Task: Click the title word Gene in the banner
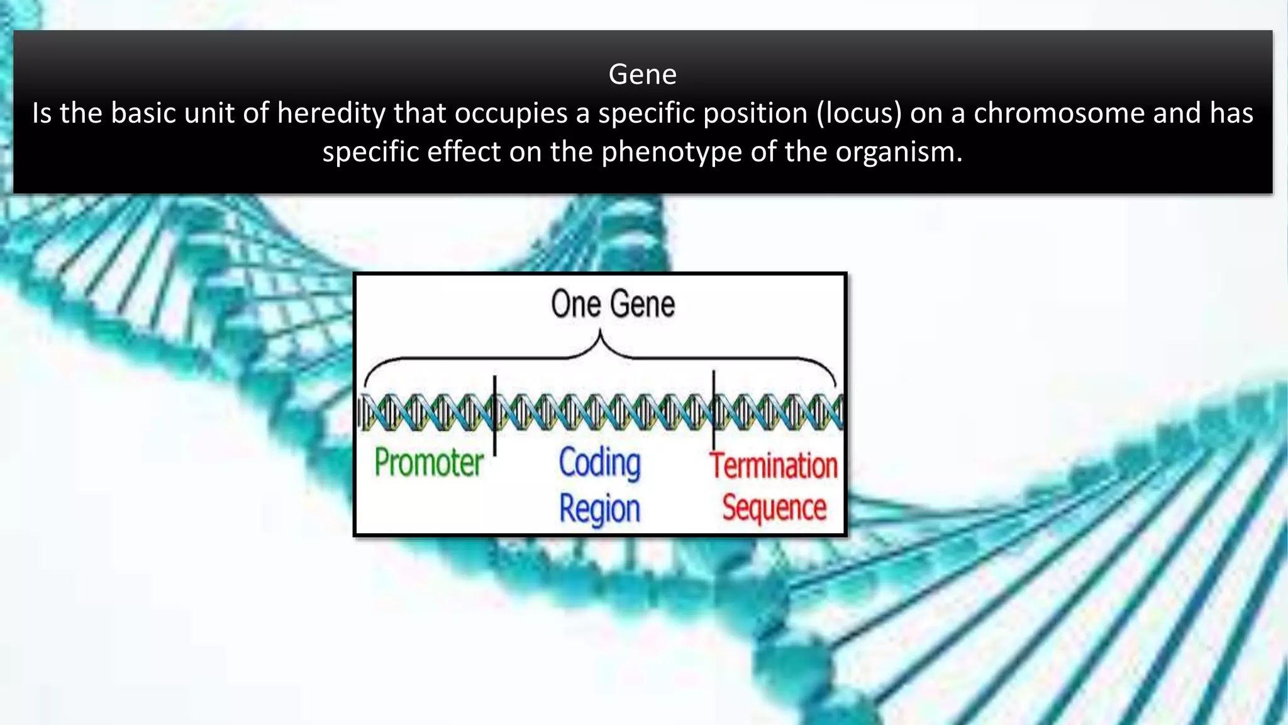coord(642,74)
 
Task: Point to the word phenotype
coord(672,152)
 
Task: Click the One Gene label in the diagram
coord(613,305)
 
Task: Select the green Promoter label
coord(429,463)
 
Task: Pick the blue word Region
coord(599,509)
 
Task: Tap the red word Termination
coord(774,466)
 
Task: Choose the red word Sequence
coord(774,507)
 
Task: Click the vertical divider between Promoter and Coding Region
coord(495,415)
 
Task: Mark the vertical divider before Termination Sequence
coord(713,409)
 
